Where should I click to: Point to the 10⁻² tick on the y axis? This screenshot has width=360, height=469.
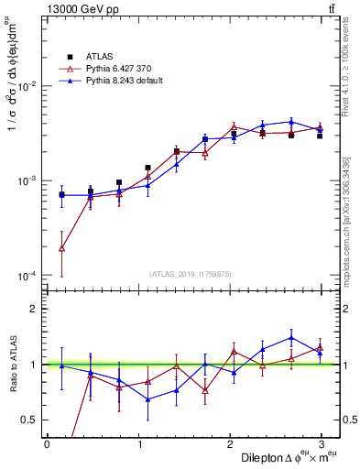27,85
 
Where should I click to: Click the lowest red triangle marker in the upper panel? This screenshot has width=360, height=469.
61,248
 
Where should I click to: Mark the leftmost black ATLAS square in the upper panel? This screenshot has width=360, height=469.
61,194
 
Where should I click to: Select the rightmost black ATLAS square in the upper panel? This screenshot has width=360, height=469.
320,136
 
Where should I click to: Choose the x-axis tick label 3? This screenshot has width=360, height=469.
322,443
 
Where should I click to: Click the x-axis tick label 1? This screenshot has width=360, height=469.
138,443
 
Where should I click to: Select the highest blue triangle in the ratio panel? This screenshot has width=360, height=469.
290,337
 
